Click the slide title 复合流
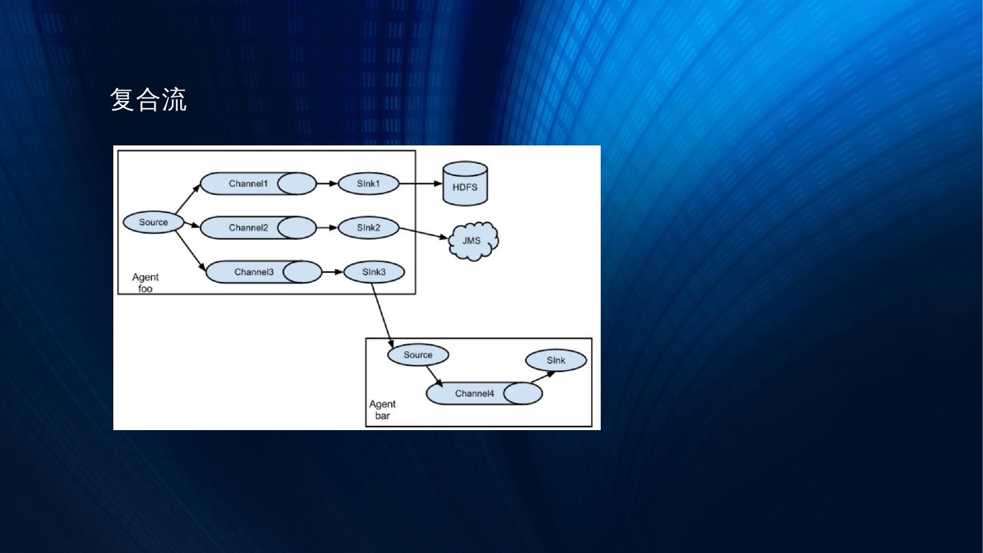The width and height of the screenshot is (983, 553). (148, 100)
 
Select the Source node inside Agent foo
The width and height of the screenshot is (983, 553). (154, 223)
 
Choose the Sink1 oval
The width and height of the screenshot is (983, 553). (368, 184)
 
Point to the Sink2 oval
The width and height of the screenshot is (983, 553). (368, 227)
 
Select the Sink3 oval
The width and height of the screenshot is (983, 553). (374, 272)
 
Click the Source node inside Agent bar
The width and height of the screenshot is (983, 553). (418, 355)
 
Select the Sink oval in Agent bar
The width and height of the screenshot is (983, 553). (556, 360)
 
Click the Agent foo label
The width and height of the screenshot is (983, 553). (145, 283)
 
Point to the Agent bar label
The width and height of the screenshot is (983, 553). (382, 410)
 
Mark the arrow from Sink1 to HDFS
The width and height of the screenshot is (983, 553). (420, 184)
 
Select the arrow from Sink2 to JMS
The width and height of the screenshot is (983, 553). (424, 233)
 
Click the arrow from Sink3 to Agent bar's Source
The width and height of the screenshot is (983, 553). (383, 315)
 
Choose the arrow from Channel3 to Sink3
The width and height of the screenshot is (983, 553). (332, 272)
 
